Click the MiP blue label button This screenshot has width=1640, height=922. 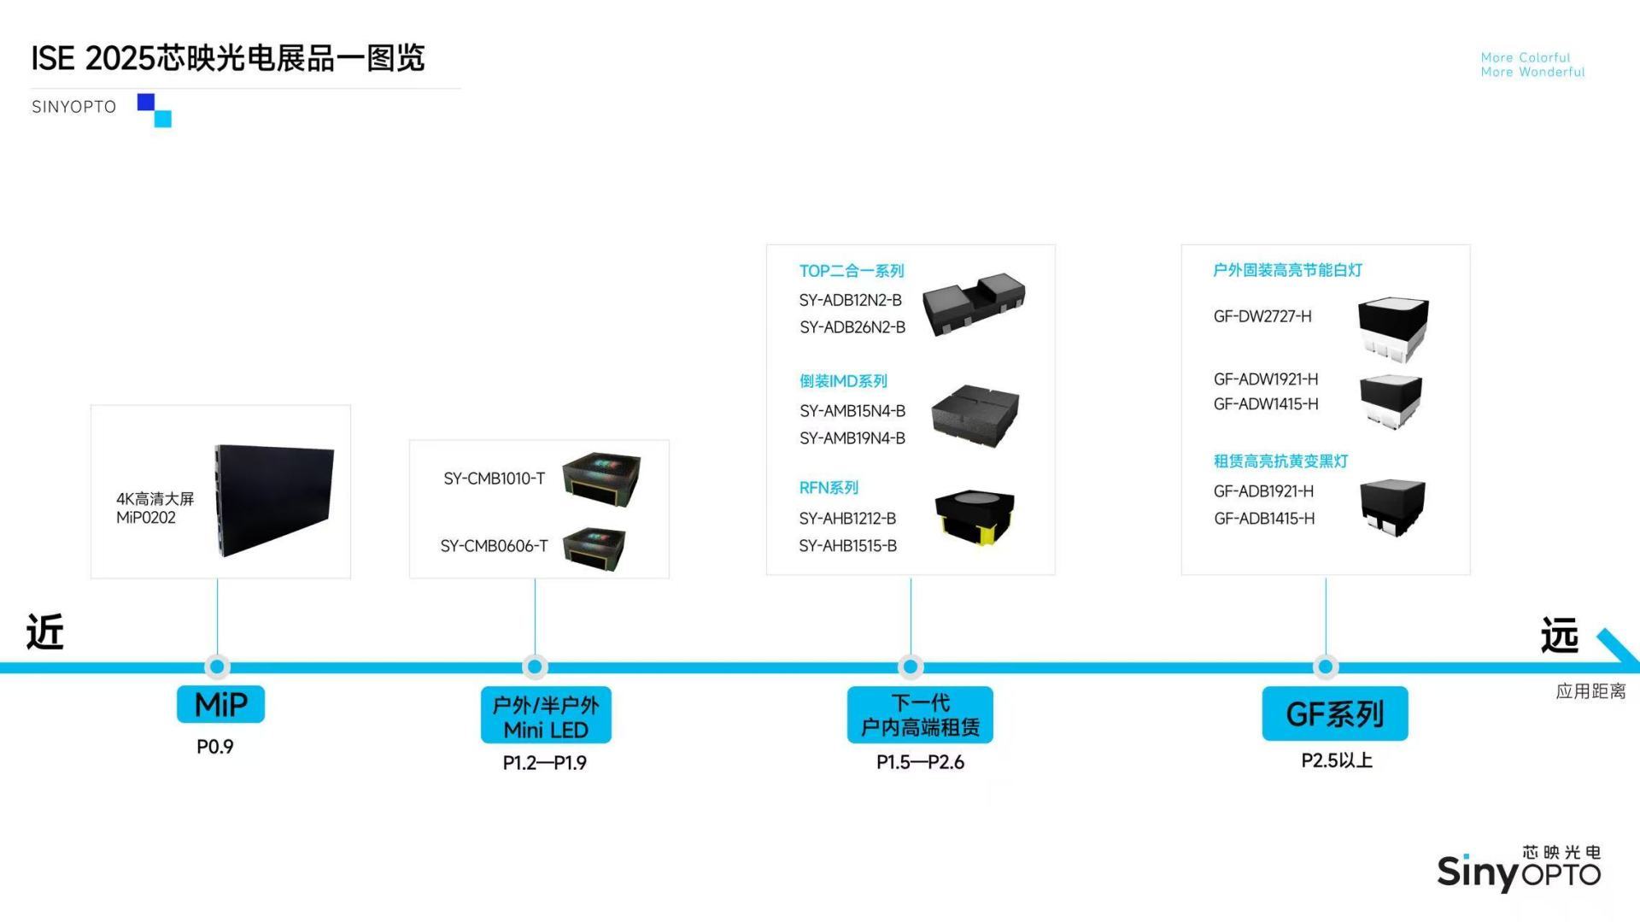coord(220,705)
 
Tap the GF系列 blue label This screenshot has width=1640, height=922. coord(1334,714)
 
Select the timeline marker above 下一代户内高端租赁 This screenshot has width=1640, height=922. coord(911,667)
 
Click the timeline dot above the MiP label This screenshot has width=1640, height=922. coord(217,667)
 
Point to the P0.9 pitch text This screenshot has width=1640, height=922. coord(215,747)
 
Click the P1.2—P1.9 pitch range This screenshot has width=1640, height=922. coord(545,763)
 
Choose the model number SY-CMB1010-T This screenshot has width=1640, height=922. coord(494,479)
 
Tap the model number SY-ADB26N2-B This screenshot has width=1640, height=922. coord(852,327)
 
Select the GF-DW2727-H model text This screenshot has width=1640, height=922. coord(1262,316)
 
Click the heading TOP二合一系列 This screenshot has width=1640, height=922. coord(851,271)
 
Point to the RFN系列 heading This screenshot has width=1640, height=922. coord(829,488)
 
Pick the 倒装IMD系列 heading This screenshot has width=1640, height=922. coord(843,381)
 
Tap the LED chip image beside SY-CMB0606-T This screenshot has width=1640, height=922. coord(595,549)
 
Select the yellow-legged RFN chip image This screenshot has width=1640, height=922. coord(975,516)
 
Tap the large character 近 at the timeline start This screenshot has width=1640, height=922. coord(45,632)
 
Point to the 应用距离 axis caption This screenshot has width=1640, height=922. coord(1590,691)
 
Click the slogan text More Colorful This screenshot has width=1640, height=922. coord(1526,57)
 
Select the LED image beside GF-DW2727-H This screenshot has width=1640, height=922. coord(1392,329)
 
